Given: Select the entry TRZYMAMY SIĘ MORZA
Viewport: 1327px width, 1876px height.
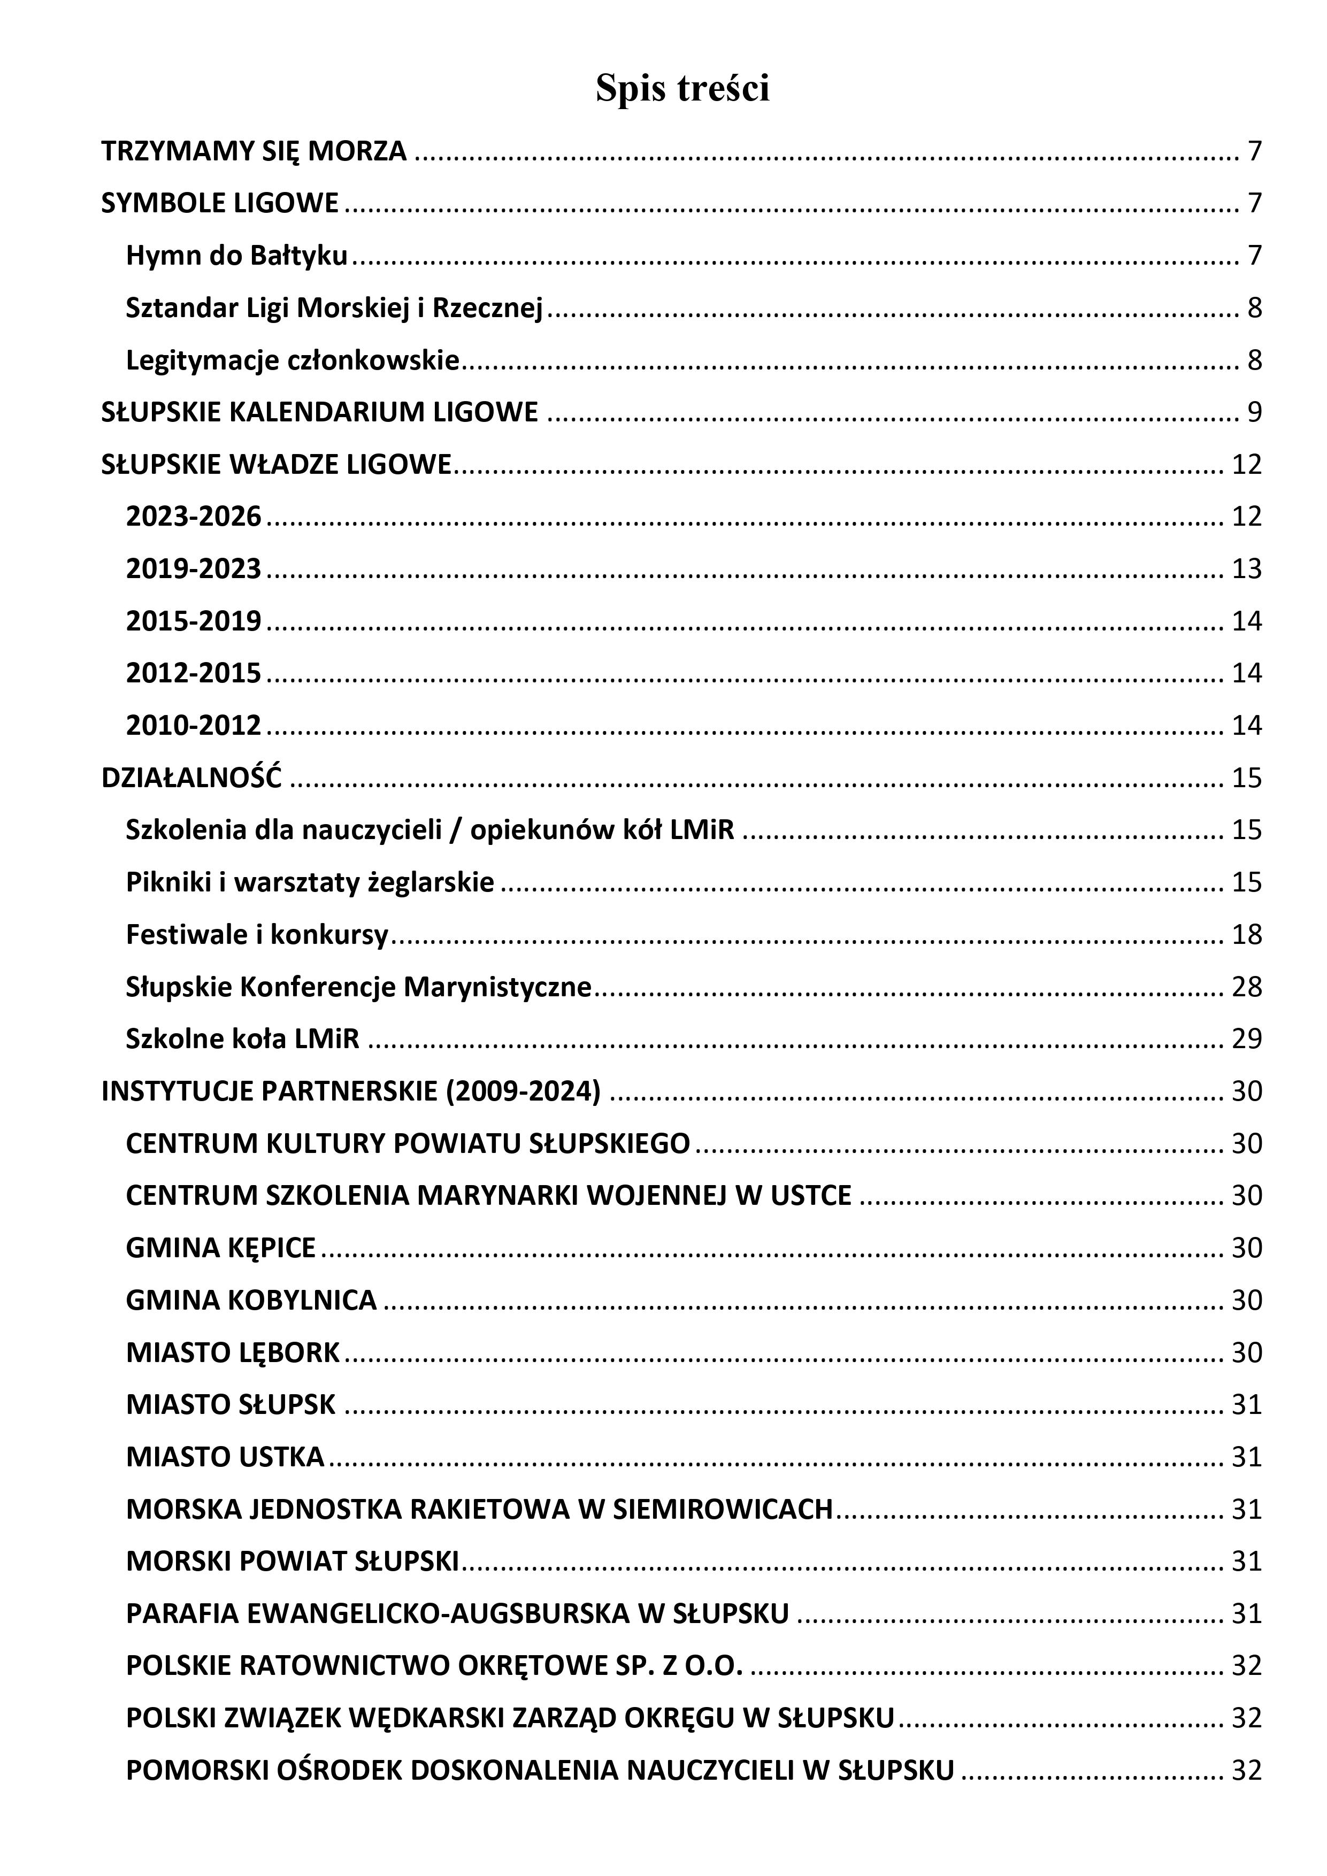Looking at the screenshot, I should (x=254, y=151).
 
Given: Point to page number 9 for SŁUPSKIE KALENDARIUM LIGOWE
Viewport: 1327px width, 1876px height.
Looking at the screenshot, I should (x=1254, y=413).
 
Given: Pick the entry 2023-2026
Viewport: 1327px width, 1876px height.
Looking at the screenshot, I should (x=194, y=517).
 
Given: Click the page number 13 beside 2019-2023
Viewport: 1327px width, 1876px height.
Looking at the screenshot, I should (x=1247, y=568).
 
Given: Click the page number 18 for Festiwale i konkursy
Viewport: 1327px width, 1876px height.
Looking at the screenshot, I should (x=1247, y=934).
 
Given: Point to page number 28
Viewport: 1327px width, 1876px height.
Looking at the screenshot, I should (x=1247, y=987).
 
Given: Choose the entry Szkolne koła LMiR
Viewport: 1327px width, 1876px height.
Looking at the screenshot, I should (x=243, y=1039).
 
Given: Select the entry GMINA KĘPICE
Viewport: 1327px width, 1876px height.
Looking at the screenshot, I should (x=220, y=1248).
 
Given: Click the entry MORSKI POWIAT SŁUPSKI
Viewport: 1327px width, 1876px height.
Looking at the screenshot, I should (x=293, y=1562).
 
